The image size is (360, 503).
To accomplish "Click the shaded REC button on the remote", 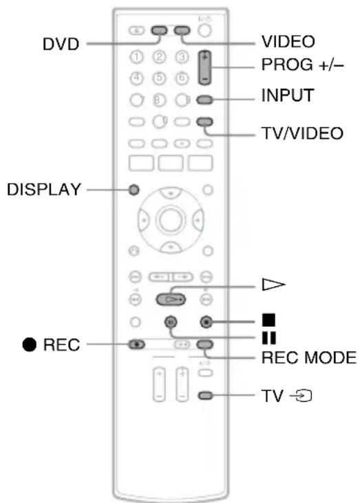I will pos(140,344).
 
